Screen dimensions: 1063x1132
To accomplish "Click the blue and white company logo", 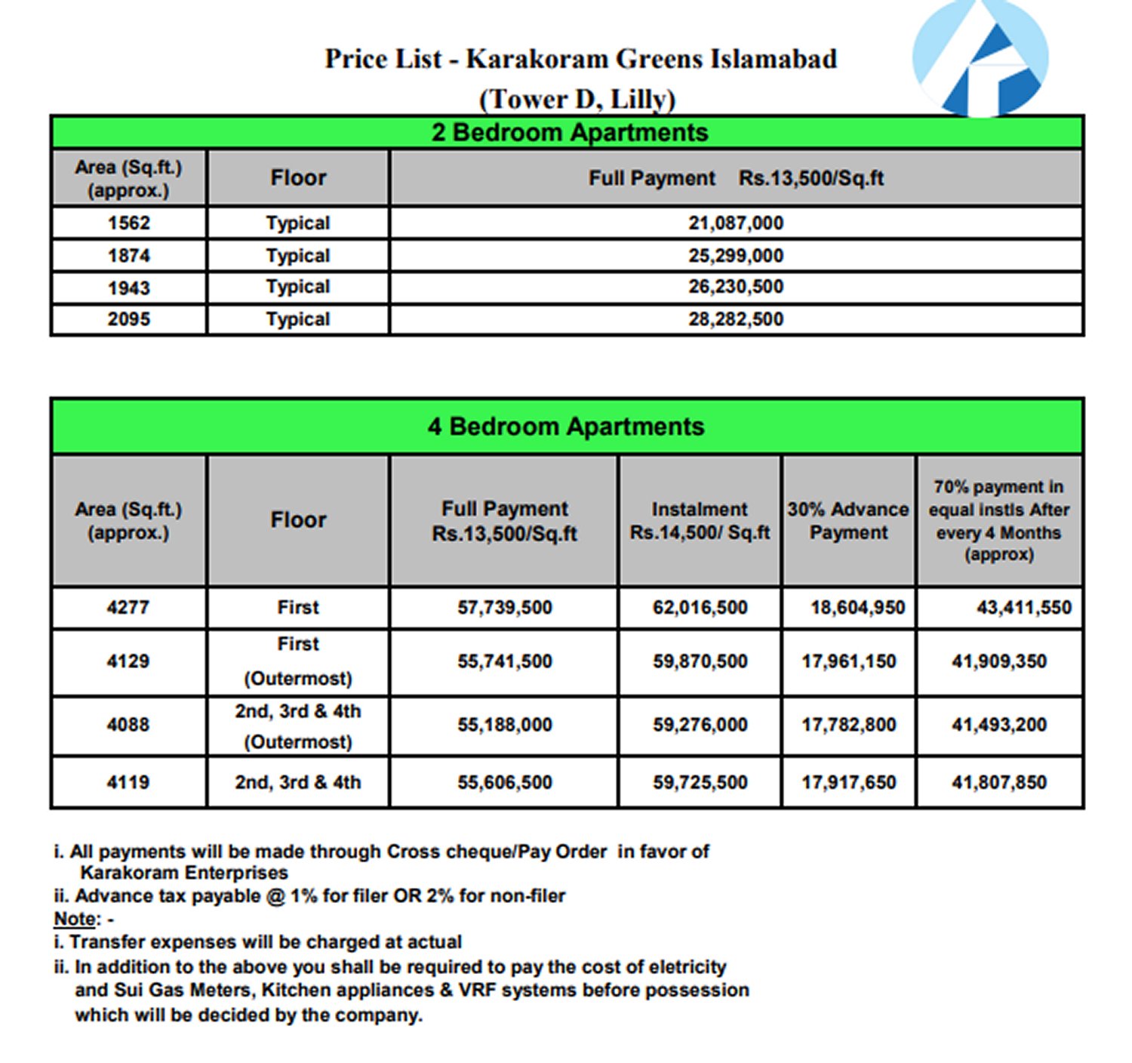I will (980, 59).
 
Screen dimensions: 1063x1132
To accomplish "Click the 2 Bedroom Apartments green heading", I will (570, 133).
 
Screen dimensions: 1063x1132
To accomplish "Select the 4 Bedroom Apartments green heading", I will (566, 427).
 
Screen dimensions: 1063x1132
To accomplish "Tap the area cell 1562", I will (129, 223).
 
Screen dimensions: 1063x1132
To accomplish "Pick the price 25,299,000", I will (736, 256).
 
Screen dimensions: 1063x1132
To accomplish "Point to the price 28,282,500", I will (736, 319).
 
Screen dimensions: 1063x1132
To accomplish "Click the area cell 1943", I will (129, 288).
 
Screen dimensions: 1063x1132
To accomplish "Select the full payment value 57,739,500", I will (504, 608).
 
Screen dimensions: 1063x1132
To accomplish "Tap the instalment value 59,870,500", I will (700, 662).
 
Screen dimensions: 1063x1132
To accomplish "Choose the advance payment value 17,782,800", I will (848, 726).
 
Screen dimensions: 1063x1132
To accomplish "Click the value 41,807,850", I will (998, 783).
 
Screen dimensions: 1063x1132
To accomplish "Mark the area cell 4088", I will (128, 726).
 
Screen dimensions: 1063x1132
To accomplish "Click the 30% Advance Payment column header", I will (848, 521).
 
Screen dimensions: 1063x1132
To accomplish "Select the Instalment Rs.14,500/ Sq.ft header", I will (700, 521).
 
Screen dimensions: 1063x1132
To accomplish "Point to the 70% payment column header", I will (998, 521).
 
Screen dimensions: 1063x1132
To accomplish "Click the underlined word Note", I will (75, 920).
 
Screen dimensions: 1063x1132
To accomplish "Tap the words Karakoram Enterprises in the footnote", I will (184, 874).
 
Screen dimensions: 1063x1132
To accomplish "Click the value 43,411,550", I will (1023, 608).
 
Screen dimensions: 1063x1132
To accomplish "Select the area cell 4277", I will (128, 608).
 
